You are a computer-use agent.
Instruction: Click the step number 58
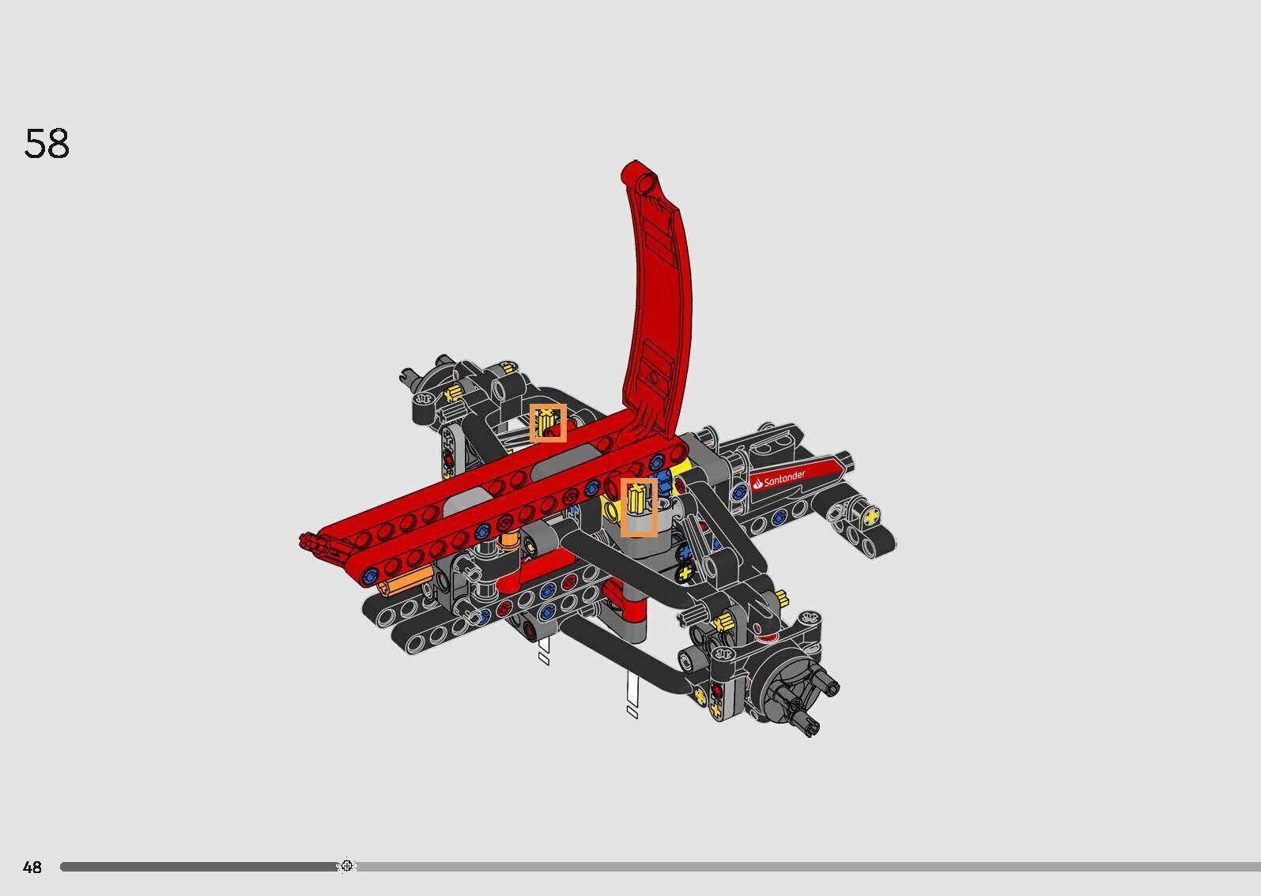[47, 144]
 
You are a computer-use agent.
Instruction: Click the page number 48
[32, 868]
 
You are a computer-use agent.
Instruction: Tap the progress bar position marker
[346, 866]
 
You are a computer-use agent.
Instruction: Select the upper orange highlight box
[548, 423]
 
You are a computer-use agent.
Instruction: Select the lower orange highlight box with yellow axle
[638, 506]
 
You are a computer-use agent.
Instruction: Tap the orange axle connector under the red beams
[403, 583]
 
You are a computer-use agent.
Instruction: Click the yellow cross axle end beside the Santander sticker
[871, 517]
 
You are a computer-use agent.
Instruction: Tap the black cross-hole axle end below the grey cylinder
[685, 571]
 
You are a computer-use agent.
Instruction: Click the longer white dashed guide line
[632, 695]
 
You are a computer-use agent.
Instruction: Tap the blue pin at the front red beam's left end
[369, 577]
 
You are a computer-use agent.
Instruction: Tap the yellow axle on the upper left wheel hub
[454, 393]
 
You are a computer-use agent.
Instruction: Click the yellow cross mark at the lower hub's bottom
[717, 709]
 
